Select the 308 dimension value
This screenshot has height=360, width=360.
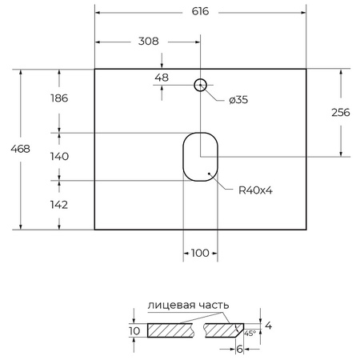point(148,42)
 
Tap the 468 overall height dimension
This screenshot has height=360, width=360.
point(11,149)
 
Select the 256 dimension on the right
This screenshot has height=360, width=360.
point(340,113)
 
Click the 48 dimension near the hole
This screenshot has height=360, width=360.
point(162,78)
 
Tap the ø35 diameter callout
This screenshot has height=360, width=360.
point(238,100)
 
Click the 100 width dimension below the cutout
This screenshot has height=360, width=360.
point(200,253)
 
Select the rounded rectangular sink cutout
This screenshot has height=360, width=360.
point(200,157)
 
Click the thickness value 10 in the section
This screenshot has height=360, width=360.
point(134,330)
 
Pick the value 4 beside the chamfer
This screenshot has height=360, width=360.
point(268,326)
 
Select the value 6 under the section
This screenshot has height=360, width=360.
point(238,349)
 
